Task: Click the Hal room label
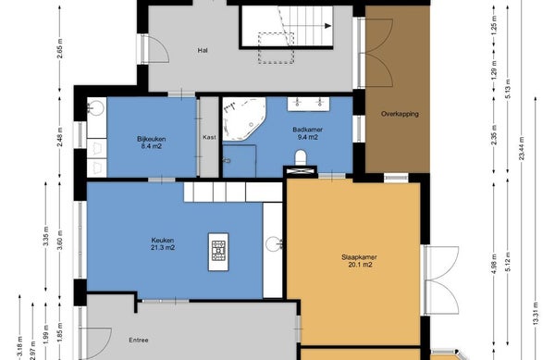click(203, 51)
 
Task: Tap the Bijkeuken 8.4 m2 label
click(151, 143)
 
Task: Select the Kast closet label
click(209, 137)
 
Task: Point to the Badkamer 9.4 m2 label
click(308, 133)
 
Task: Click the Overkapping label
click(400, 114)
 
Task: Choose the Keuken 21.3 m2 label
click(163, 244)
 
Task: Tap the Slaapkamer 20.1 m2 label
click(359, 261)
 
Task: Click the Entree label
click(139, 341)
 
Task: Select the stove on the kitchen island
click(218, 251)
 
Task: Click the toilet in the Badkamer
click(301, 157)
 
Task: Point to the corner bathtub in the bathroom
click(243, 118)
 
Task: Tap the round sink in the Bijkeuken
click(96, 107)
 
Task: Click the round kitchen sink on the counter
click(274, 244)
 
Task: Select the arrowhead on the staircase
click(327, 26)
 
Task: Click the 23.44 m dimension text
click(522, 148)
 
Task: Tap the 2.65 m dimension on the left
click(60, 48)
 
